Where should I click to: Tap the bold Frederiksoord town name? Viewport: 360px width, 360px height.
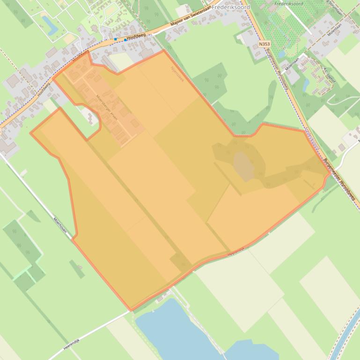pyautogui.click(x=231, y=7)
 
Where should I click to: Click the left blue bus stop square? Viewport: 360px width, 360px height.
pyautogui.click(x=116, y=39)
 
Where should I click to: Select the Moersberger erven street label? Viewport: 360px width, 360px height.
pyautogui.click(x=107, y=109)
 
